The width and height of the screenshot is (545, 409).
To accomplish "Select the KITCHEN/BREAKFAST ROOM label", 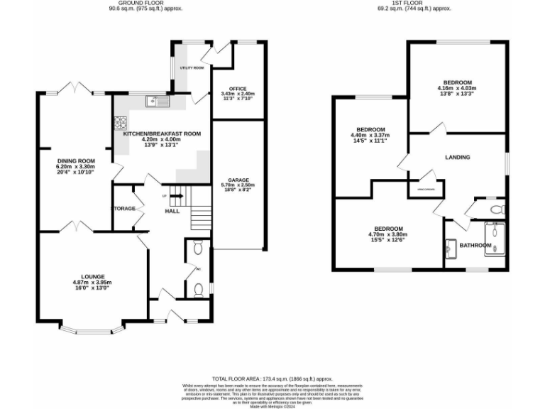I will point(162,133).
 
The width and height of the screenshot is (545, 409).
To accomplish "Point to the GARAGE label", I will point(238,180).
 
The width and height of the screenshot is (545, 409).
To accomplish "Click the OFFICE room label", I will point(237,88).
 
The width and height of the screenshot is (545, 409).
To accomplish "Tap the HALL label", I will point(172,211).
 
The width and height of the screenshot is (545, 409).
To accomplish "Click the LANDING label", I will point(458,157).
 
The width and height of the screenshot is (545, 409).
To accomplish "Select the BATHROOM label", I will point(475,246).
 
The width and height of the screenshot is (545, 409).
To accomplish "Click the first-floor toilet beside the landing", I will point(497,209).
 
